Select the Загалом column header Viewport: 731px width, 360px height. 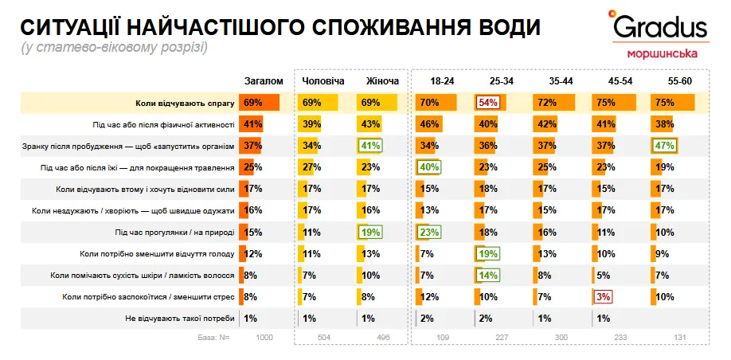[263, 82]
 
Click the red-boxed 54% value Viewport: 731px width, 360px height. [487, 103]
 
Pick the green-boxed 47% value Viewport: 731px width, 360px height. [664, 146]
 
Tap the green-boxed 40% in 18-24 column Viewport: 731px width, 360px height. [429, 167]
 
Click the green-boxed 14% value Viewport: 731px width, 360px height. [487, 276]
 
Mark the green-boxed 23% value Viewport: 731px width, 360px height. [429, 233]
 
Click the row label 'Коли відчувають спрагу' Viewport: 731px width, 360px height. [184, 104]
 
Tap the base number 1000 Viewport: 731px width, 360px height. [264, 338]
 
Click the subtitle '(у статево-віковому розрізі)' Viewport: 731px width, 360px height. [115, 48]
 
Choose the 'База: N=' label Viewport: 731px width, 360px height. [213, 338]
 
